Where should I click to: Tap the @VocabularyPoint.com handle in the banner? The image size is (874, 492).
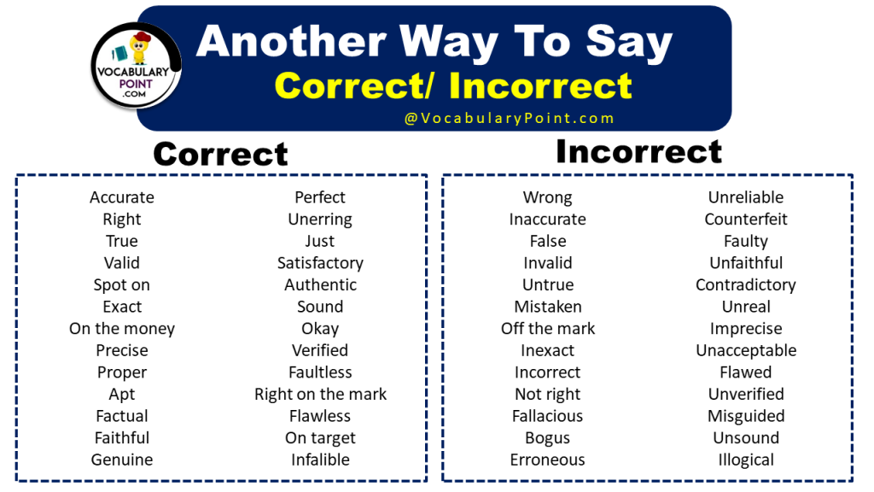pyautogui.click(x=510, y=118)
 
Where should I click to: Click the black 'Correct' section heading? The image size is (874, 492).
pyautogui.click(x=220, y=154)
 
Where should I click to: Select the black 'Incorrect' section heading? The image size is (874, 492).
pyautogui.click(x=638, y=151)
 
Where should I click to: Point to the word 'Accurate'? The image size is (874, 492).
pyautogui.click(x=122, y=197)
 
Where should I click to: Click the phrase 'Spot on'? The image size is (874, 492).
pyautogui.click(x=122, y=284)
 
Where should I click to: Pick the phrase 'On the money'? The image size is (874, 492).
pyautogui.click(x=122, y=329)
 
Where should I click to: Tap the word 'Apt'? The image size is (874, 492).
pyautogui.click(x=122, y=395)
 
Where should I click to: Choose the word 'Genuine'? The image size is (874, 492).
pyautogui.click(x=122, y=460)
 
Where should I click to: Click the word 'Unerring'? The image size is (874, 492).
pyautogui.click(x=320, y=220)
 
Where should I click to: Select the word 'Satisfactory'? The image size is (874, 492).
pyautogui.click(x=320, y=263)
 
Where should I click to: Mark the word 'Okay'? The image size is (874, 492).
pyautogui.click(x=320, y=329)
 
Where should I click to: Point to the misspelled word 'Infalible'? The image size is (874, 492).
pyautogui.click(x=320, y=460)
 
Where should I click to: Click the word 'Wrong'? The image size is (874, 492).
pyautogui.click(x=547, y=197)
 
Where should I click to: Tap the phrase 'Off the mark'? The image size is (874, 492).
pyautogui.click(x=547, y=329)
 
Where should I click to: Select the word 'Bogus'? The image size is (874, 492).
pyautogui.click(x=547, y=438)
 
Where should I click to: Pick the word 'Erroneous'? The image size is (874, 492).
pyautogui.click(x=547, y=460)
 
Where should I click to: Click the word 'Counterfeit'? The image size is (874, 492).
pyautogui.click(x=746, y=220)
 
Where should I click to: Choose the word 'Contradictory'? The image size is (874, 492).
pyautogui.click(x=746, y=284)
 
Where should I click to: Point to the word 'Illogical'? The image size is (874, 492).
pyautogui.click(x=746, y=460)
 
